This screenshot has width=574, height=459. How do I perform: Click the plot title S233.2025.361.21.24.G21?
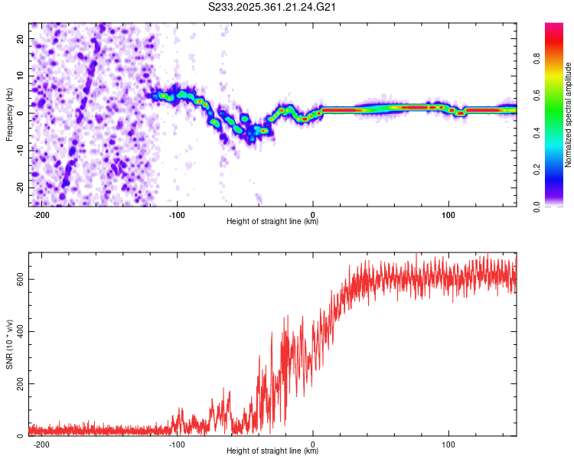(x=273, y=8)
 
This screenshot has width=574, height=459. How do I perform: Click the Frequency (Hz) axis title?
(x=9, y=114)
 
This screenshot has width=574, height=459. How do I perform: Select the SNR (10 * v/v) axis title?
(x=9, y=344)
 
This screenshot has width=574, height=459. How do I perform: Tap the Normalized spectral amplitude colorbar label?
(x=569, y=115)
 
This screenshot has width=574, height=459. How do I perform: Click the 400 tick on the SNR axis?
(x=18, y=331)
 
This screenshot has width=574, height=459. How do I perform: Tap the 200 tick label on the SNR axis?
(x=18, y=383)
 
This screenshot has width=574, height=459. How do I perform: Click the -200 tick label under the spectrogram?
(x=41, y=215)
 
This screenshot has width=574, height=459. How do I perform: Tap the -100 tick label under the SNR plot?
(x=177, y=444)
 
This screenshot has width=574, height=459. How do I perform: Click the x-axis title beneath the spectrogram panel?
(x=272, y=222)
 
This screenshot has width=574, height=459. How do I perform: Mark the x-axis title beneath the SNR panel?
(x=272, y=451)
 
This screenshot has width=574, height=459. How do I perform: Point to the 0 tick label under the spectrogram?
(x=313, y=215)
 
